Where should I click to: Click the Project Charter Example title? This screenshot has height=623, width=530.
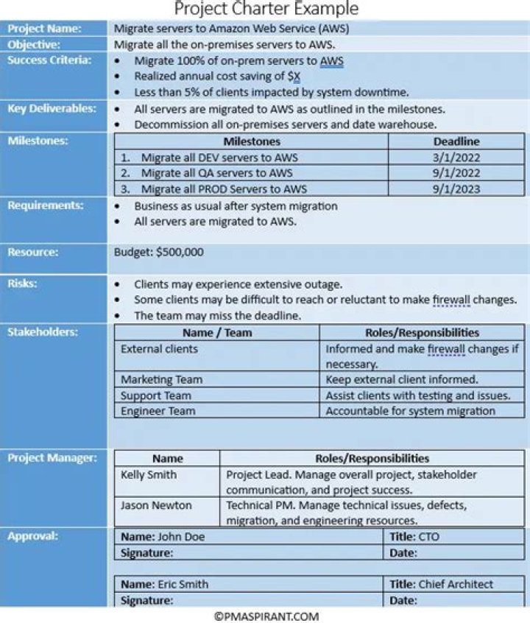266,9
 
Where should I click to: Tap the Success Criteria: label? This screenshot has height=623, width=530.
49,60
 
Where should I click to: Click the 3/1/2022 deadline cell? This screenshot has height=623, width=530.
456,157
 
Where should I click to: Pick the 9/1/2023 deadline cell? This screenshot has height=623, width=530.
456,189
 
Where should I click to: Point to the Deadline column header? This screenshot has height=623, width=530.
456,141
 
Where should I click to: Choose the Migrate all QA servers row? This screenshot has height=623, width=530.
216,173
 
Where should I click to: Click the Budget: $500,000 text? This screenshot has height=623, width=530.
158,252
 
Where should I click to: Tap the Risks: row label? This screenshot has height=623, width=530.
23,284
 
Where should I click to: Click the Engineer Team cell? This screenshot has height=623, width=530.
158,411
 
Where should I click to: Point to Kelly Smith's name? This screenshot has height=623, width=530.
148,475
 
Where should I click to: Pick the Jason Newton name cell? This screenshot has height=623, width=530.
155,505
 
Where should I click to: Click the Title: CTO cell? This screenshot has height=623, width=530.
414,537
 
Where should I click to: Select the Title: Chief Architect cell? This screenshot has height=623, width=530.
442,584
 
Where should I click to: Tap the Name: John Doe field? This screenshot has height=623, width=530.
163,537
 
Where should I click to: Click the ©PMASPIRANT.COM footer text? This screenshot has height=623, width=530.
266,616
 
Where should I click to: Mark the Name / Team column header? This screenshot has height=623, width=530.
217,333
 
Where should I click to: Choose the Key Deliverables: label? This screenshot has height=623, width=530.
52,108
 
